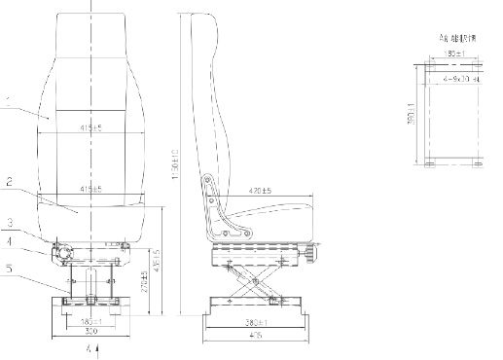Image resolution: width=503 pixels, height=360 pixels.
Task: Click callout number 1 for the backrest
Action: pyautogui.click(x=7, y=109)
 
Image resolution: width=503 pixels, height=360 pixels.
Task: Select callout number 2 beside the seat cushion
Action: pyautogui.click(x=7, y=181)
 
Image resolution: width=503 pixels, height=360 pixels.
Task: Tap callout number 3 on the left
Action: pyautogui.click(x=7, y=222)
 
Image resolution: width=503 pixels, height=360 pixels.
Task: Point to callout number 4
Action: pyautogui.click(x=7, y=239)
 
